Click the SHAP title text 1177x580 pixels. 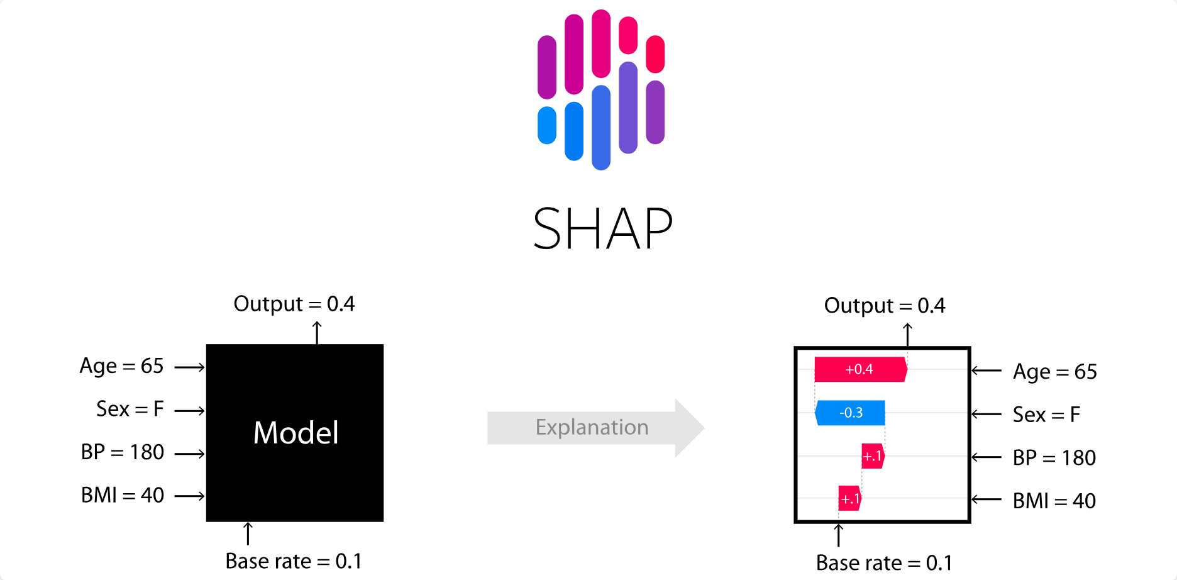click(x=602, y=229)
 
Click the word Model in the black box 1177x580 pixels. click(x=296, y=433)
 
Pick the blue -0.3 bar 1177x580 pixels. click(x=850, y=413)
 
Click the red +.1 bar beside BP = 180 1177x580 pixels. click(x=873, y=456)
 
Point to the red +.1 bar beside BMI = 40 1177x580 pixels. click(x=849, y=499)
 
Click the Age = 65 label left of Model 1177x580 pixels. click(x=121, y=366)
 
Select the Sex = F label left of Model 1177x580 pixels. click(x=130, y=409)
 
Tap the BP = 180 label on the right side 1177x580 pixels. click(x=1054, y=458)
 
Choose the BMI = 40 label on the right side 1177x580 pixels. click(x=1054, y=501)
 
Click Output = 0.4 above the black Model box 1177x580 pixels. click(x=294, y=304)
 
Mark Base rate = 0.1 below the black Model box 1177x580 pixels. click(x=293, y=561)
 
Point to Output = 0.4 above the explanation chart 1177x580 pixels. click(x=884, y=306)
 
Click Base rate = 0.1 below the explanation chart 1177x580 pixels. click(x=883, y=563)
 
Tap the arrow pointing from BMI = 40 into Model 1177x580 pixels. click(x=189, y=496)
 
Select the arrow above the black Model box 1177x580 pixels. click(x=318, y=332)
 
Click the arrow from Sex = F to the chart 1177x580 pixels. click(x=986, y=414)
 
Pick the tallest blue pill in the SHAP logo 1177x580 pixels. click(x=601, y=128)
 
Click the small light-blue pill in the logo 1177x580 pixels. click(x=547, y=125)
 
